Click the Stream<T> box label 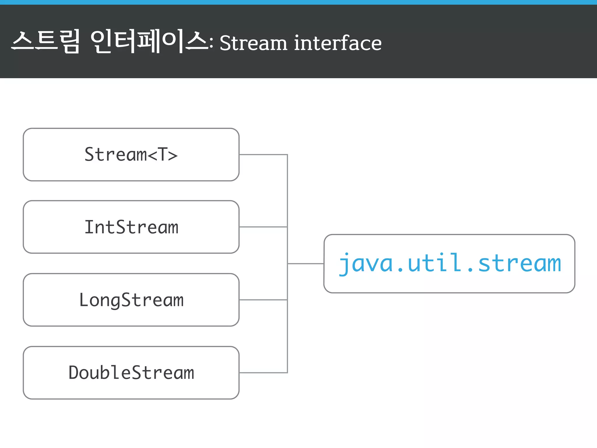(x=131, y=154)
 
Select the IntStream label (x=131, y=227)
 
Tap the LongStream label (x=131, y=300)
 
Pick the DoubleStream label (x=131, y=373)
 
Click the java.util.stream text (x=449, y=263)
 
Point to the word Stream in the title (x=253, y=43)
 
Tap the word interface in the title (x=338, y=43)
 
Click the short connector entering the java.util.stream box (x=305, y=264)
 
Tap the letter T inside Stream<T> (x=162, y=154)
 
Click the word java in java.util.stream (x=366, y=263)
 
